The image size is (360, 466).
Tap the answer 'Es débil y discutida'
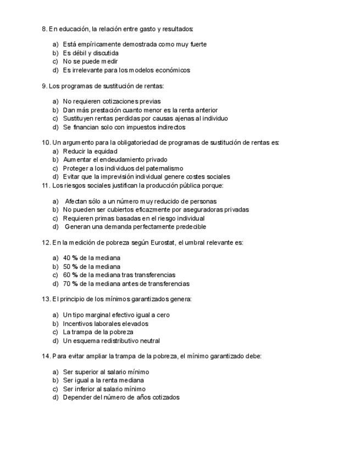pyautogui.click(x=91, y=53)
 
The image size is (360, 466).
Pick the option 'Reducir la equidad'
pyautogui.click(x=90, y=151)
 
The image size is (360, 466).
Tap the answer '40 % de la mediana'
pyautogui.click(x=91, y=258)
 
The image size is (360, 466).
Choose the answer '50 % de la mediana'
pyautogui.click(x=91, y=267)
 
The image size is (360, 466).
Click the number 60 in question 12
pyautogui.click(x=67, y=275)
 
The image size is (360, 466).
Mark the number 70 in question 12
pyautogui.click(x=67, y=284)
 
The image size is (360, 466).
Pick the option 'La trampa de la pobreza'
pyautogui.click(x=98, y=332)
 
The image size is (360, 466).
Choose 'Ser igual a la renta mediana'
pyautogui.click(x=103, y=380)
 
